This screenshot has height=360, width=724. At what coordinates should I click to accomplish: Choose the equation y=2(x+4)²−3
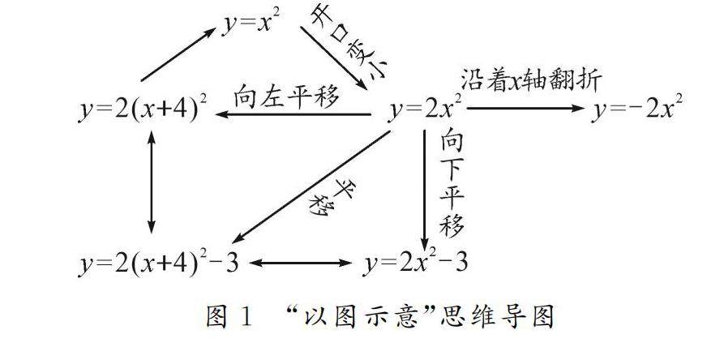coord(159,264)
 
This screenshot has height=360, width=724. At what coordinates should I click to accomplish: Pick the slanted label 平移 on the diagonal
coord(329,195)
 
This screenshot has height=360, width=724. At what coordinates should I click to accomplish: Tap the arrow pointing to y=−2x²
coord(525,109)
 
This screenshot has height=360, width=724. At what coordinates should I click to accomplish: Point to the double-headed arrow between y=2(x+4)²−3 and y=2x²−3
coord(302,264)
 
